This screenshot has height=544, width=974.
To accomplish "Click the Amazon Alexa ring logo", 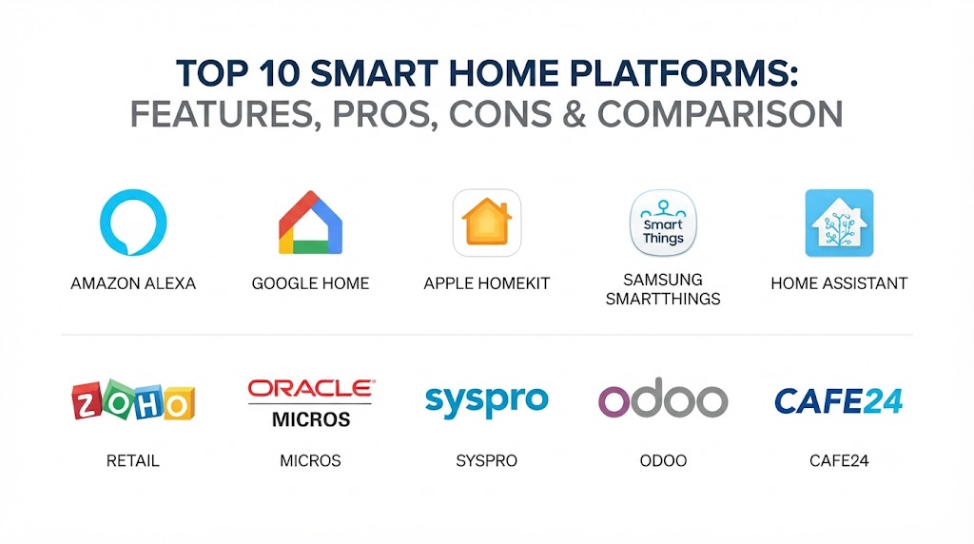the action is [105, 223].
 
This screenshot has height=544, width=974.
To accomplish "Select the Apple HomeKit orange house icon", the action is [487, 223].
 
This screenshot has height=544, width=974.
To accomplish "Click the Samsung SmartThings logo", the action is [663, 223].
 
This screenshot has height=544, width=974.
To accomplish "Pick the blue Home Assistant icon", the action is [839, 223].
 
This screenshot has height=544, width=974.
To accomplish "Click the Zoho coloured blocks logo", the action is [133, 400].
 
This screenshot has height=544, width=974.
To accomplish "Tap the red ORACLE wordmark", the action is [311, 389].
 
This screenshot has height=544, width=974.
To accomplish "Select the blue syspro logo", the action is [486, 401].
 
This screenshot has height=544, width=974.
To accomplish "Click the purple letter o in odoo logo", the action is [614, 401].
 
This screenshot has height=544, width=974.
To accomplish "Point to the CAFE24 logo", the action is [839, 400].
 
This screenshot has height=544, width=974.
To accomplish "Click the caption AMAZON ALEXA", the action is [133, 283].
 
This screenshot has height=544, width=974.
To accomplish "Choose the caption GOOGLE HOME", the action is [311, 283].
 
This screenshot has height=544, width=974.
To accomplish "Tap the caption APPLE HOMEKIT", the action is [487, 283].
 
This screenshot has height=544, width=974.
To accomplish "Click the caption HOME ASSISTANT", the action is [839, 283].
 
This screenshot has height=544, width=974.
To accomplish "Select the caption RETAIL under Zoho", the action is [133, 461].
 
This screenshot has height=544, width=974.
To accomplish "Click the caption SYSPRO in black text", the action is [486, 461].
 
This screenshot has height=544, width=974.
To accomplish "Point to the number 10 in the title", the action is [278, 73].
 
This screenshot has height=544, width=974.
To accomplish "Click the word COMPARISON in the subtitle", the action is [720, 114].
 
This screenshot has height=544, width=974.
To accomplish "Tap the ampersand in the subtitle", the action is [574, 114].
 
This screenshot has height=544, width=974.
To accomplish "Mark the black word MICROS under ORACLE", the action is [311, 419].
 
